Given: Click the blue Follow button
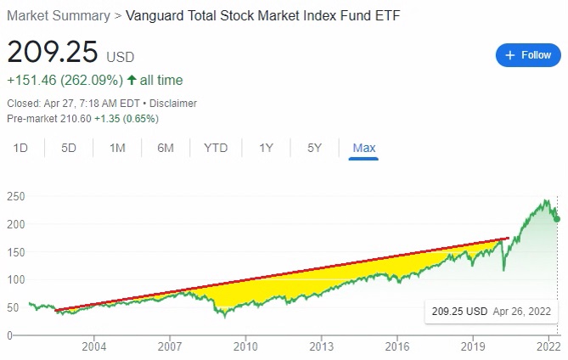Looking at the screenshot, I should pyautogui.click(x=528, y=54).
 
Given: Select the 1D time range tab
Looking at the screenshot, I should pyautogui.click(x=21, y=148).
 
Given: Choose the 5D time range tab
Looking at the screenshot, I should pyautogui.click(x=69, y=148).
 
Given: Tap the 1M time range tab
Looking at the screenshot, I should pyautogui.click(x=117, y=148).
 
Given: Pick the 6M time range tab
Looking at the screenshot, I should pyautogui.click(x=166, y=148).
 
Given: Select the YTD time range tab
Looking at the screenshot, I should pyautogui.click(x=216, y=148).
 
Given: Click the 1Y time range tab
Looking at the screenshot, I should pyautogui.click(x=266, y=148).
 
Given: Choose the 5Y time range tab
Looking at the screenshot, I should pyautogui.click(x=314, y=148).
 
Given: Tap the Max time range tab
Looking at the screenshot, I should pyautogui.click(x=363, y=148).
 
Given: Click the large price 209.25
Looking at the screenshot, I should pyautogui.click(x=53, y=53).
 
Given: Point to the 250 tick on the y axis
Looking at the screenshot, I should pyautogui.click(x=16, y=196).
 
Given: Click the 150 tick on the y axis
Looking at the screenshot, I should pyautogui.click(x=16, y=252).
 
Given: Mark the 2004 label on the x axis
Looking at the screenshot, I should pyautogui.click(x=94, y=346).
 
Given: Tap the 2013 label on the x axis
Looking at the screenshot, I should pyautogui.click(x=322, y=346).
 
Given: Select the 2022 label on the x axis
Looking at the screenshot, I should pyautogui.click(x=548, y=346).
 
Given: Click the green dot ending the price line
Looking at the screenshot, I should pyautogui.click(x=557, y=219).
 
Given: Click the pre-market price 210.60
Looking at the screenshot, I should pyautogui.click(x=72, y=119).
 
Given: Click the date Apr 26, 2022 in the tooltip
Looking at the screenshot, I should pyautogui.click(x=521, y=312).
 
